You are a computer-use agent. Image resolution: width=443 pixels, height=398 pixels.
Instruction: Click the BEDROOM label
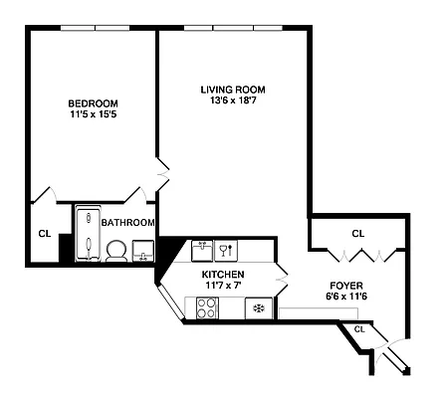(93, 103)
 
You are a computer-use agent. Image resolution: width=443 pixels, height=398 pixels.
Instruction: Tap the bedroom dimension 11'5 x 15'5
(93, 115)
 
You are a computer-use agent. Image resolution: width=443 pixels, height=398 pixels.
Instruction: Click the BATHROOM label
(127, 223)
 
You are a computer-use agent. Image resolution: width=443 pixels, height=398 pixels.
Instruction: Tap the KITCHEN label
(223, 275)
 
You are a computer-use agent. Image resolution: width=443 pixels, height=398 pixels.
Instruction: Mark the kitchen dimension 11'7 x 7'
(223, 287)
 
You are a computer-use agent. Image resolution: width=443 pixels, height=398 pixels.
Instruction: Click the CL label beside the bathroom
(44, 234)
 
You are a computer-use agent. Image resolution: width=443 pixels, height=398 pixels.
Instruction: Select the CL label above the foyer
(357, 234)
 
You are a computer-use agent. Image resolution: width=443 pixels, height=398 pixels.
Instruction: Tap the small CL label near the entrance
(358, 328)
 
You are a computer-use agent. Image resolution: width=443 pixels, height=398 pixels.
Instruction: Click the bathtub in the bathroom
(87, 234)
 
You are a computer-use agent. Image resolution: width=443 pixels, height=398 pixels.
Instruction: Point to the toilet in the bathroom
(115, 250)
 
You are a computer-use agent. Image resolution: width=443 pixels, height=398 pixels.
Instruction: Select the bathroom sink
(144, 250)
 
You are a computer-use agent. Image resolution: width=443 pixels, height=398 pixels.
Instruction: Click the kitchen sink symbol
(202, 250)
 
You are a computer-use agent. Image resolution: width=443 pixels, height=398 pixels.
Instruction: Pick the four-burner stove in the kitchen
(207, 309)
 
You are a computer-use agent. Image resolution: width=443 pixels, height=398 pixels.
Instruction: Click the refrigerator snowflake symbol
(259, 309)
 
